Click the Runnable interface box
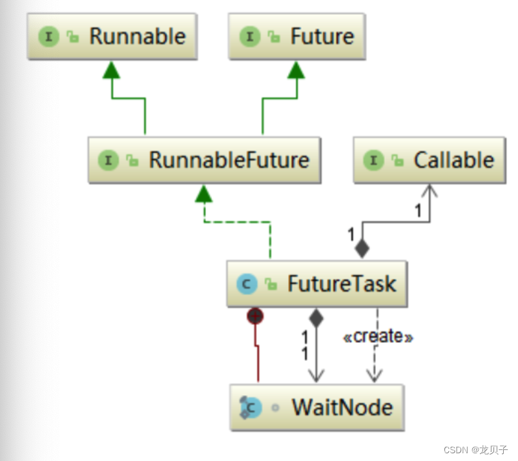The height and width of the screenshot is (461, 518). [111, 37]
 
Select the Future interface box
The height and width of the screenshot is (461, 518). [296, 37]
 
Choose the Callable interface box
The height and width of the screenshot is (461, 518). [429, 160]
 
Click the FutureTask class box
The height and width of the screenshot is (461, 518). [316, 283]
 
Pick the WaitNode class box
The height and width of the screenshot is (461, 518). [316, 407]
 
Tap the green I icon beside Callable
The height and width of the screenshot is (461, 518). [375, 160]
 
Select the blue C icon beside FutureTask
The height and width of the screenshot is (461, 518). [247, 283]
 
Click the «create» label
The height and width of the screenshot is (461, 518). [377, 336]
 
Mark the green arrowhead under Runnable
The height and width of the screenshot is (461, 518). [112, 70]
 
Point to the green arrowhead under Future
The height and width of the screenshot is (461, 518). [296, 70]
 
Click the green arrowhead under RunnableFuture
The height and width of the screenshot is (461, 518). [204, 193]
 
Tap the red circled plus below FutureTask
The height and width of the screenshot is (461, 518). [256, 316]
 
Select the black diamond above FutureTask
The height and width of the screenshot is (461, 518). [362, 249]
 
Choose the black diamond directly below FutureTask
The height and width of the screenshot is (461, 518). [315, 317]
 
